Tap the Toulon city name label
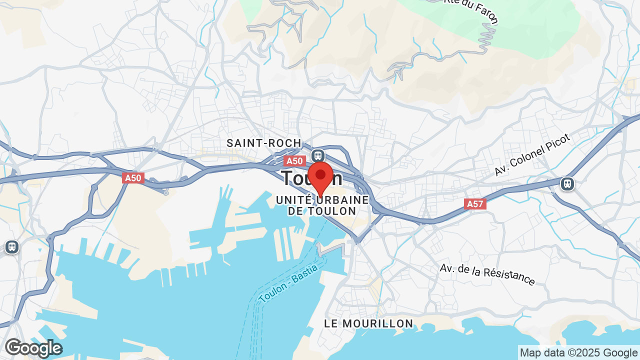(295, 178)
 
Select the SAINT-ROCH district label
(264, 143)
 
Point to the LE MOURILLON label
(368, 323)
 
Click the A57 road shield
(475, 203)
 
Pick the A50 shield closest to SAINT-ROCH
(294, 161)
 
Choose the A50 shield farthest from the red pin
(133, 178)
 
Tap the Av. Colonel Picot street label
(532, 154)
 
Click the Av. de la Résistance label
(487, 274)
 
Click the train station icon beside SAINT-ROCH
(317, 155)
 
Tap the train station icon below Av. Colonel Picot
(567, 183)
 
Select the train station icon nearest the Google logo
(11, 246)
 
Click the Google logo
(33, 348)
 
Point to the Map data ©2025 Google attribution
(578, 352)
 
